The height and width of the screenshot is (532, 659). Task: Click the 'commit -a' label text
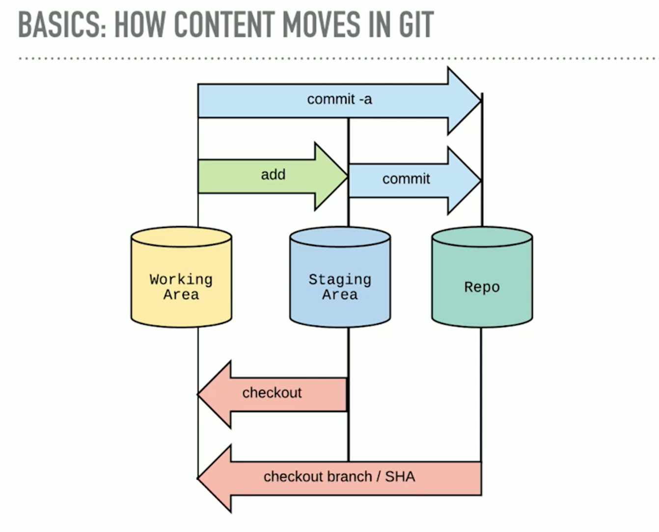tap(339, 99)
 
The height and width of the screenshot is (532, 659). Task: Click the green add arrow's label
tap(273, 175)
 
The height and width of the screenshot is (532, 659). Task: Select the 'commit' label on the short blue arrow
tap(406, 178)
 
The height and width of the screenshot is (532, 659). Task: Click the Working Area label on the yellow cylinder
tap(181, 287)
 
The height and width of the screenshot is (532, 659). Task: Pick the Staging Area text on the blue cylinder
tap(340, 287)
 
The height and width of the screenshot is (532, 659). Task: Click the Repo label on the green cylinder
tap(482, 287)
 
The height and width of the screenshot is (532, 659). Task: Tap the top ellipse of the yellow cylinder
tap(181, 237)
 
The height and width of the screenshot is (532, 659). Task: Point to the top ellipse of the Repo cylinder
tap(482, 237)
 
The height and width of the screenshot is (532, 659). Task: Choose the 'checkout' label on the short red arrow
tap(272, 392)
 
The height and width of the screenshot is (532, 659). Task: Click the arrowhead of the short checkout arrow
tap(213, 394)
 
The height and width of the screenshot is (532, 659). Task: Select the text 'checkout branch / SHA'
tap(339, 476)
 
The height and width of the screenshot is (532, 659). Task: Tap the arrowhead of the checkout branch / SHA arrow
tap(213, 478)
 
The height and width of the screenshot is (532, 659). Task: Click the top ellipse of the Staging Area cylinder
tap(340, 237)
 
